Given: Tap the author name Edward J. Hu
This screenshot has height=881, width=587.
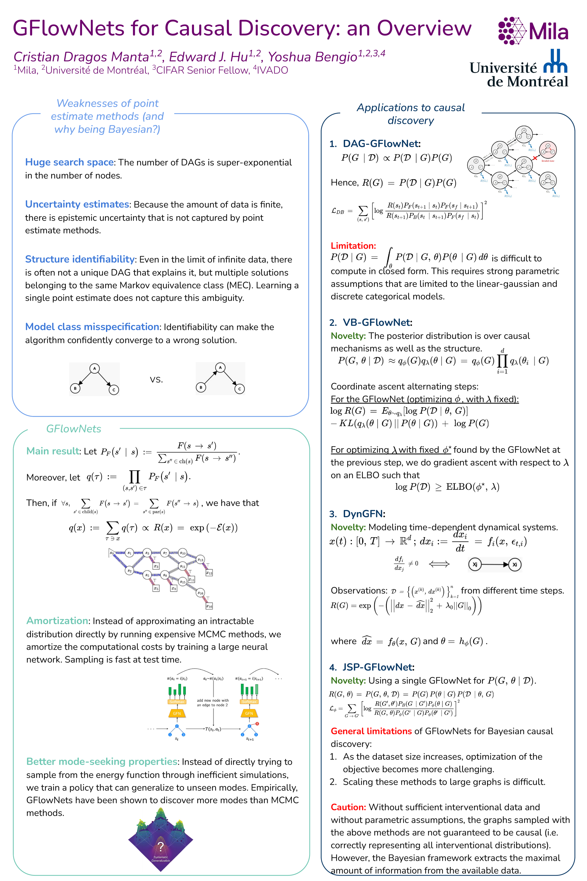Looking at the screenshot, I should (208, 57).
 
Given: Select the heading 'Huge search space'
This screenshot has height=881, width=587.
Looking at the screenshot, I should (69, 162).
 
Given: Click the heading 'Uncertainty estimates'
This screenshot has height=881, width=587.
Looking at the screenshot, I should (77, 204).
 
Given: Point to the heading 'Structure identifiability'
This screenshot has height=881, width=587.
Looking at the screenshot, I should (80, 259).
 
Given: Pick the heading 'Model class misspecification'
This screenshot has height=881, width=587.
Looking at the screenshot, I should (92, 327).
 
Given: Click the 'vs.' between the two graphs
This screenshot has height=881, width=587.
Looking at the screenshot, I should (156, 380).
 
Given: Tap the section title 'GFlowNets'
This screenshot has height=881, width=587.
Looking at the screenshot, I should (74, 429).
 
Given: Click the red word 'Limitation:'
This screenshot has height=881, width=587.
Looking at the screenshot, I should (353, 246).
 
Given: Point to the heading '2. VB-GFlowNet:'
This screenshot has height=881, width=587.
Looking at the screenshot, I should (371, 322).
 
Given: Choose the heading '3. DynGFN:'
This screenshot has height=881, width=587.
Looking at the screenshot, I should (357, 513).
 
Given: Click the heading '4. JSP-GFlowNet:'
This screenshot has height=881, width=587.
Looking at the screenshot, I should (372, 667).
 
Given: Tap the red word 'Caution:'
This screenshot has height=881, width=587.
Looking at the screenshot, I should (348, 807).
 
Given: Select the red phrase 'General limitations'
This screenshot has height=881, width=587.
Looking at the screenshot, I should (371, 731).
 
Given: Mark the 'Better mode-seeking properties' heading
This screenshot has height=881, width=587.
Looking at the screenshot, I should (102, 761).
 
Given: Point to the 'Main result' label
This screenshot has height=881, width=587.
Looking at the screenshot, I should (53, 451).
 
